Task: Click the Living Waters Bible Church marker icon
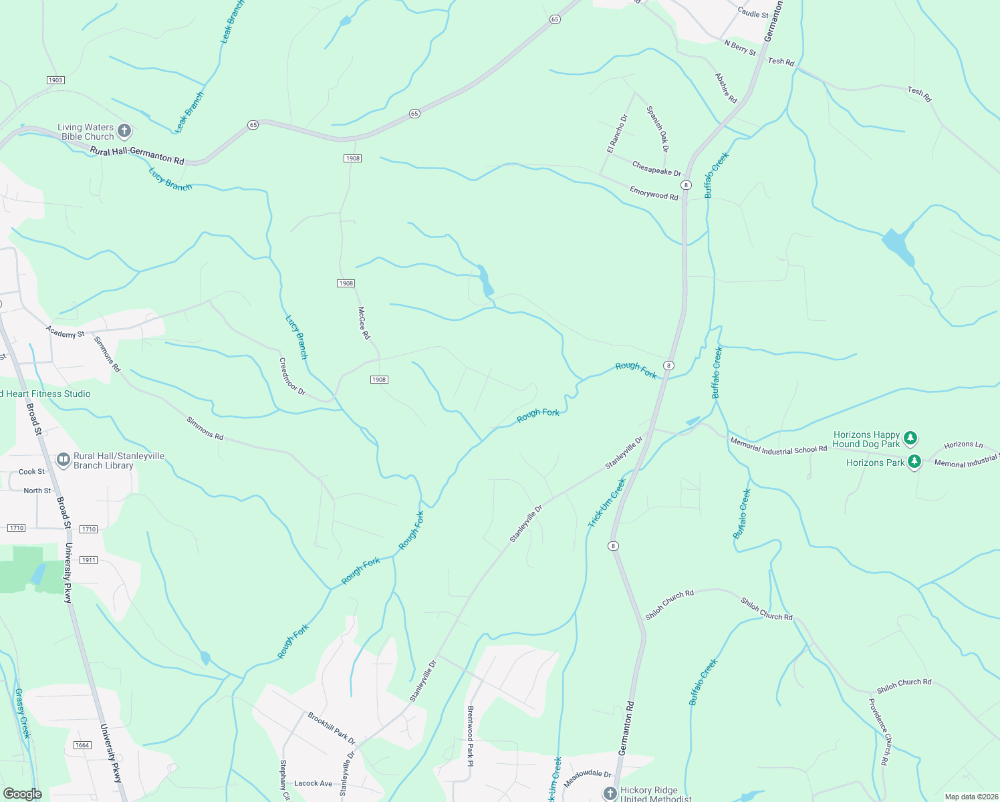click(x=124, y=131)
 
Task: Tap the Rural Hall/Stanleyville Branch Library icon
click(x=64, y=460)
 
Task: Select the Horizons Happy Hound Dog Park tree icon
click(x=910, y=438)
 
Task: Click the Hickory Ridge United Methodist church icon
click(x=610, y=793)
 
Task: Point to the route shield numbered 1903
click(x=55, y=80)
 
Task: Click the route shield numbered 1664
click(x=82, y=745)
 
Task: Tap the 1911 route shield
click(x=89, y=559)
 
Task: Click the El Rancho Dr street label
click(x=617, y=134)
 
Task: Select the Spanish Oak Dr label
click(x=658, y=128)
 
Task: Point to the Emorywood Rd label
click(x=654, y=193)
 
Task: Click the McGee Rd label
click(x=364, y=323)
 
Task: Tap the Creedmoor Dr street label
click(x=292, y=376)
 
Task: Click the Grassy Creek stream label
click(x=23, y=713)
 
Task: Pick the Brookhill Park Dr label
click(x=332, y=728)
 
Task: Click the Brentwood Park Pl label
click(x=471, y=736)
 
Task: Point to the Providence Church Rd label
click(x=879, y=732)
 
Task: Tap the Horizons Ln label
click(x=963, y=444)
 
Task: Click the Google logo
click(x=23, y=794)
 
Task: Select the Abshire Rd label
click(x=726, y=88)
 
